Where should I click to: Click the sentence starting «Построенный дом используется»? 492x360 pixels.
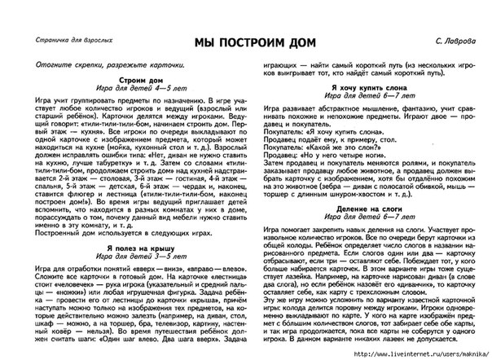point(114,209)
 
